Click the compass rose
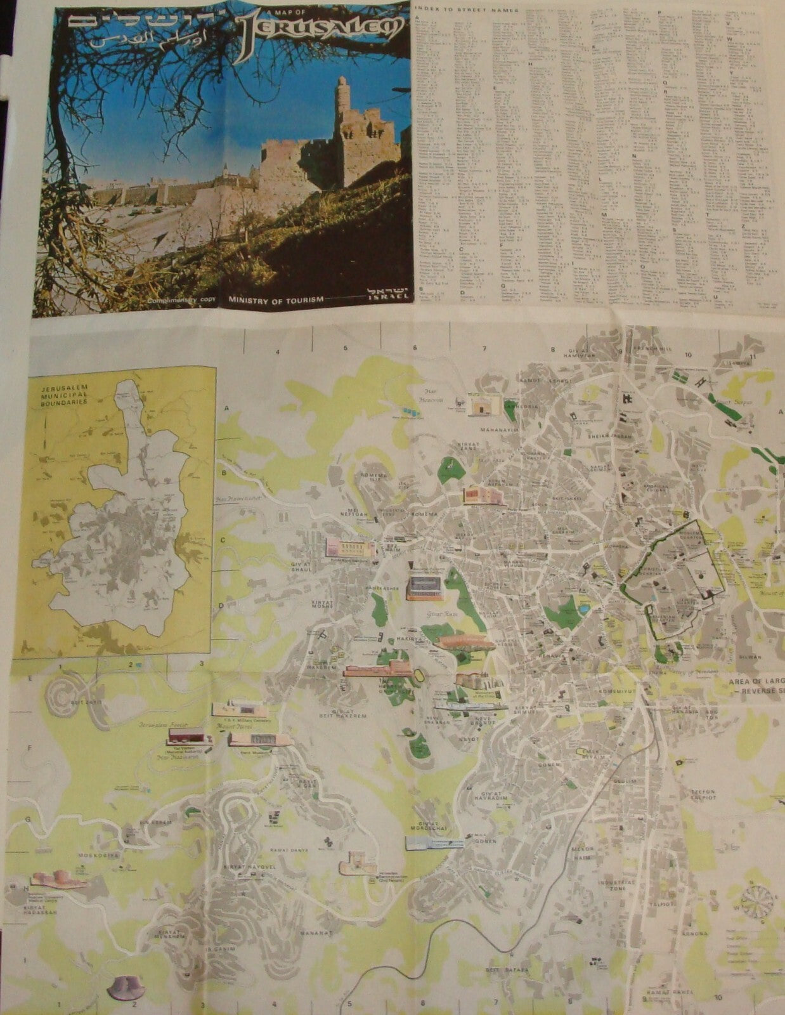pos(759,901)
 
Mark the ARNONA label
pos(694,933)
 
